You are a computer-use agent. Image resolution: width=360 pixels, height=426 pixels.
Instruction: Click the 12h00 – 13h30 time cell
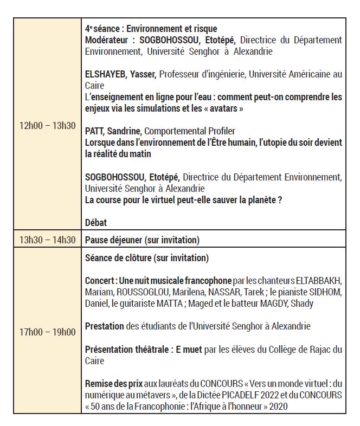(47, 126)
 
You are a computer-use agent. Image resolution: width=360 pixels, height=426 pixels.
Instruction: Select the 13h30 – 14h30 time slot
(47, 240)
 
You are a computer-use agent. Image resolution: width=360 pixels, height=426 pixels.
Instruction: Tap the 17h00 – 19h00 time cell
(47, 332)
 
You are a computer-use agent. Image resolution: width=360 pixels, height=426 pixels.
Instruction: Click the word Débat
(96, 222)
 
